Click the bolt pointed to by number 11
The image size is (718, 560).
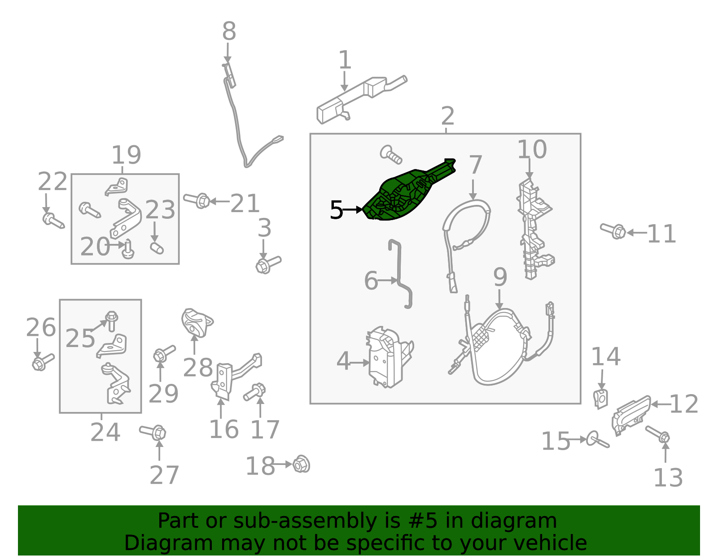pos(613,230)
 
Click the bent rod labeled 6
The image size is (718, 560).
pos(400,274)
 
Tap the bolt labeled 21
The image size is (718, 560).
pos(197,200)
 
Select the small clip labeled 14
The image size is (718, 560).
pos(600,399)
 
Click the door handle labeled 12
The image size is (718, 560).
pos(630,416)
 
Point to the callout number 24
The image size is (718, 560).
pos(105,432)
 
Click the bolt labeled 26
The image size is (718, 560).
pos(43,362)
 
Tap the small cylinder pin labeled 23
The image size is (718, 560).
pos(157,248)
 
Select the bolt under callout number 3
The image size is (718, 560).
pos(268,265)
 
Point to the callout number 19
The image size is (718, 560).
pos(126,155)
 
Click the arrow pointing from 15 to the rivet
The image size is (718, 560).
pos(577,439)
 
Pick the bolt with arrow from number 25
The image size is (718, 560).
pos(112,321)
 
